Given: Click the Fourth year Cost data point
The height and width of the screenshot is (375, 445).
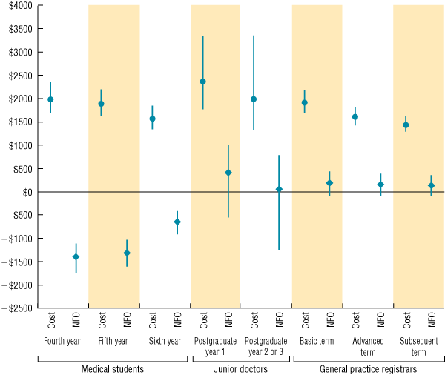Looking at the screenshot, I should [x=50, y=99].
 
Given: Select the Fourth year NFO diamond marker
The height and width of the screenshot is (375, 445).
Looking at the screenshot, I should [x=76, y=257].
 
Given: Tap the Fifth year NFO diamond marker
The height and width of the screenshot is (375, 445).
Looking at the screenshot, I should [x=127, y=253].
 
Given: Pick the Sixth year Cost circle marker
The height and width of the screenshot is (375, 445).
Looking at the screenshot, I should [x=152, y=119].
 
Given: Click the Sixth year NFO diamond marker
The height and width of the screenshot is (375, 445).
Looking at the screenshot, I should [x=177, y=222].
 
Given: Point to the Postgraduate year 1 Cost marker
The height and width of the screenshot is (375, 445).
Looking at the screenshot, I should [x=202, y=82].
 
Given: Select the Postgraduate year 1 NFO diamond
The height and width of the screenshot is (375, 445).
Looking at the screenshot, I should [x=228, y=173].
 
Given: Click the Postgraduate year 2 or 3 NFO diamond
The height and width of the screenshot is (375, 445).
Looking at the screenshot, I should [x=279, y=189].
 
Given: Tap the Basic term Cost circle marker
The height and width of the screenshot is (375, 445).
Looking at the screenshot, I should [x=304, y=103].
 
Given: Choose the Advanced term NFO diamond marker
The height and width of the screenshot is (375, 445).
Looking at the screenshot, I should [x=380, y=185].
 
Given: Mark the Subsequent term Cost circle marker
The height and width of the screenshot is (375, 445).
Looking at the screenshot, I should [x=406, y=125].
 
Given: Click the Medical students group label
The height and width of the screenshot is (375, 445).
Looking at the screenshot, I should [x=112, y=368].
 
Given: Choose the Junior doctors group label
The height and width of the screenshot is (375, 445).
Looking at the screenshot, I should [x=241, y=368].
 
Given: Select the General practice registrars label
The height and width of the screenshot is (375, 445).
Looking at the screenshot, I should [x=368, y=368].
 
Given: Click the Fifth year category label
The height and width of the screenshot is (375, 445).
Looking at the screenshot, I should [x=114, y=342].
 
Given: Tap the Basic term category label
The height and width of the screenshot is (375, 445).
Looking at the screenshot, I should [x=317, y=342].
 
